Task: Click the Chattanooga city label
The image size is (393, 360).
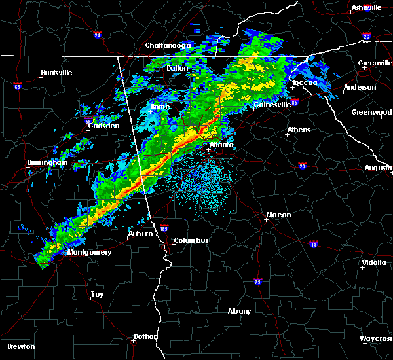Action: tap(168, 45)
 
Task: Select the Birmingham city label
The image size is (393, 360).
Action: tap(48, 162)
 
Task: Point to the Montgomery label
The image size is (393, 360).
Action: tap(90, 252)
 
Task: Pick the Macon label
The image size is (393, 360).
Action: tap(278, 215)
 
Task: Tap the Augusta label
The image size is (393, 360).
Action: tap(378, 168)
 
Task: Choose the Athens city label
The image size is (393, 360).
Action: tap(299, 130)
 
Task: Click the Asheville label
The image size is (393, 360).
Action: tap(366, 7)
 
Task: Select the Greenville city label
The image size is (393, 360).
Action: tap(375, 63)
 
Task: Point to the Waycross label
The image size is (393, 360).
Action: tap(376, 338)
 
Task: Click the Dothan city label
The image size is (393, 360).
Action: tap(145, 336)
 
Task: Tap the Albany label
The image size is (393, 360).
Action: tap(238, 311)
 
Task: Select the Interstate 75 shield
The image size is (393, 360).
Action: tap(258, 281)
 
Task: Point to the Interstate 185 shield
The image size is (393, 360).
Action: tap(164, 230)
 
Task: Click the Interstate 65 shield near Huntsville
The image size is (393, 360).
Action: tap(18, 86)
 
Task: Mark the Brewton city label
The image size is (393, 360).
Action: tap(22, 346)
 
